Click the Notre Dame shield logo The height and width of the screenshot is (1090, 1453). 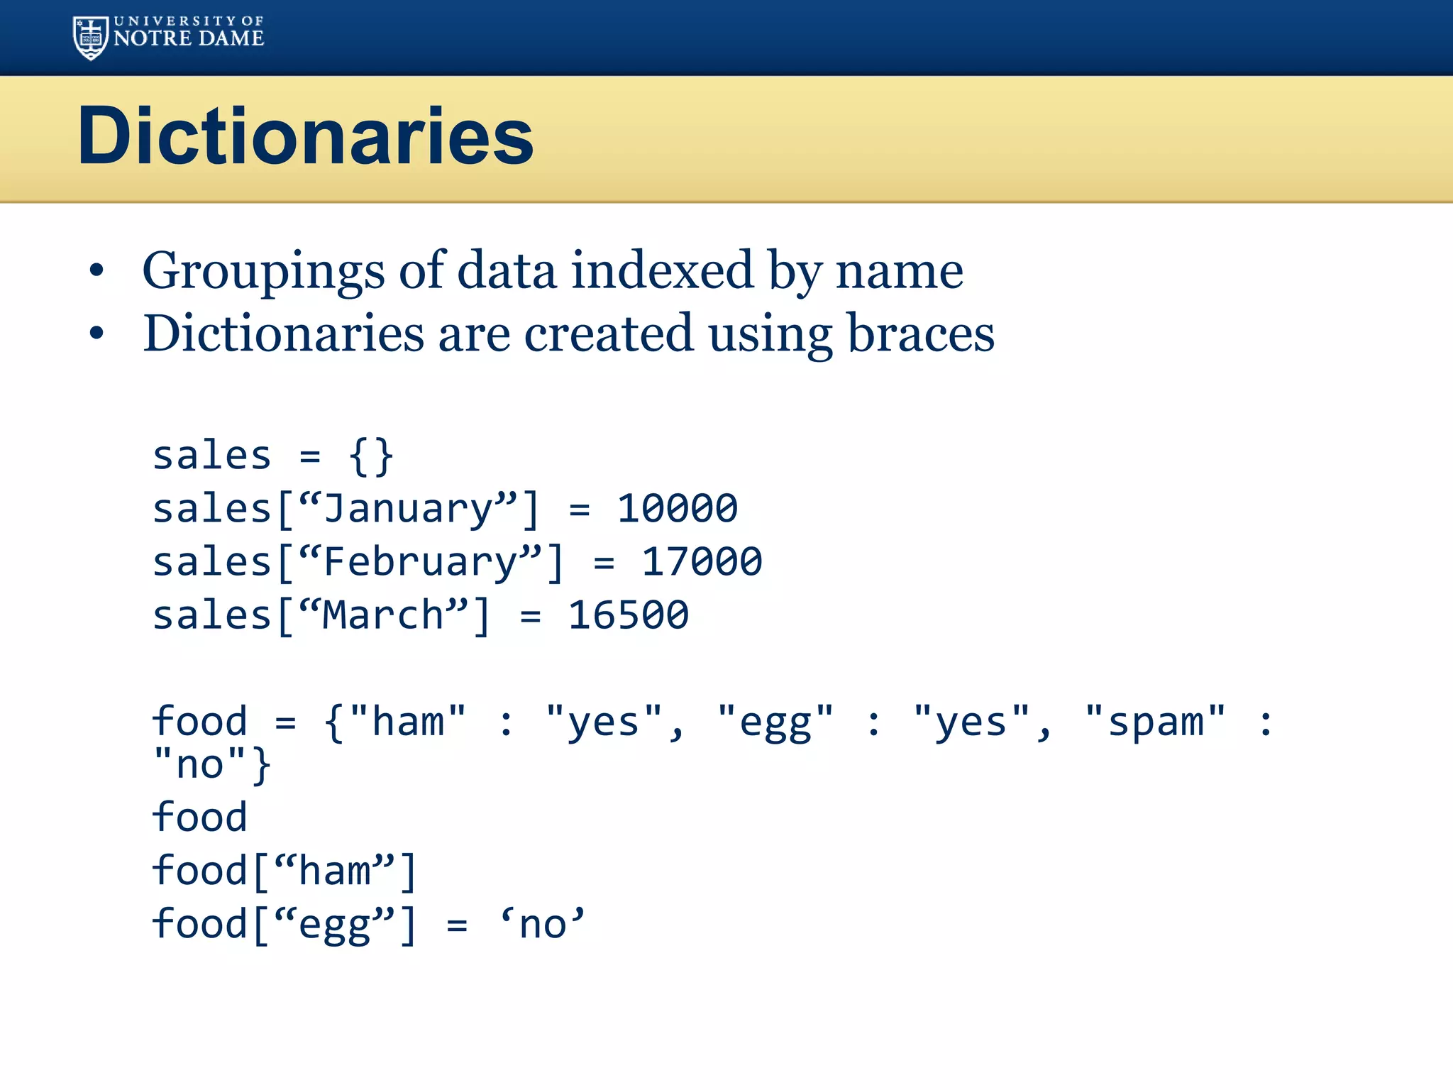click(x=91, y=38)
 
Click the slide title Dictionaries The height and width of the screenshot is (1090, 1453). click(x=305, y=136)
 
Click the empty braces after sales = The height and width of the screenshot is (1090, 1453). click(x=371, y=456)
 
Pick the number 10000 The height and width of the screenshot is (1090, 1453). click(x=677, y=509)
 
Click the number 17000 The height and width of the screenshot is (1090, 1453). click(x=702, y=562)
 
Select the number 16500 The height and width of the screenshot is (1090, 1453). click(x=628, y=615)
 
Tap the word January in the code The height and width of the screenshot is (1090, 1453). click(x=408, y=509)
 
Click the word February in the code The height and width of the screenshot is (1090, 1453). click(x=420, y=562)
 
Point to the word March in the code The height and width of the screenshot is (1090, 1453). click(x=383, y=615)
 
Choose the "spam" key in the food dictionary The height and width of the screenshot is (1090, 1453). click(x=1155, y=722)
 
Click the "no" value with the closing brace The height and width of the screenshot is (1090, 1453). click(x=211, y=765)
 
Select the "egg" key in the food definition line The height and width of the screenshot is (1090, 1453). click(x=775, y=722)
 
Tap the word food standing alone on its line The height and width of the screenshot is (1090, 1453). click(x=199, y=817)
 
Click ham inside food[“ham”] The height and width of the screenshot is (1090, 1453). click(x=334, y=871)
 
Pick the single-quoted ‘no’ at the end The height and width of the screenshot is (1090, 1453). click(x=543, y=925)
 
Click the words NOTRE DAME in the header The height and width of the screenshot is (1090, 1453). click(x=189, y=39)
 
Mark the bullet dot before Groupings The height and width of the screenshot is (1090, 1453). click(x=96, y=270)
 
